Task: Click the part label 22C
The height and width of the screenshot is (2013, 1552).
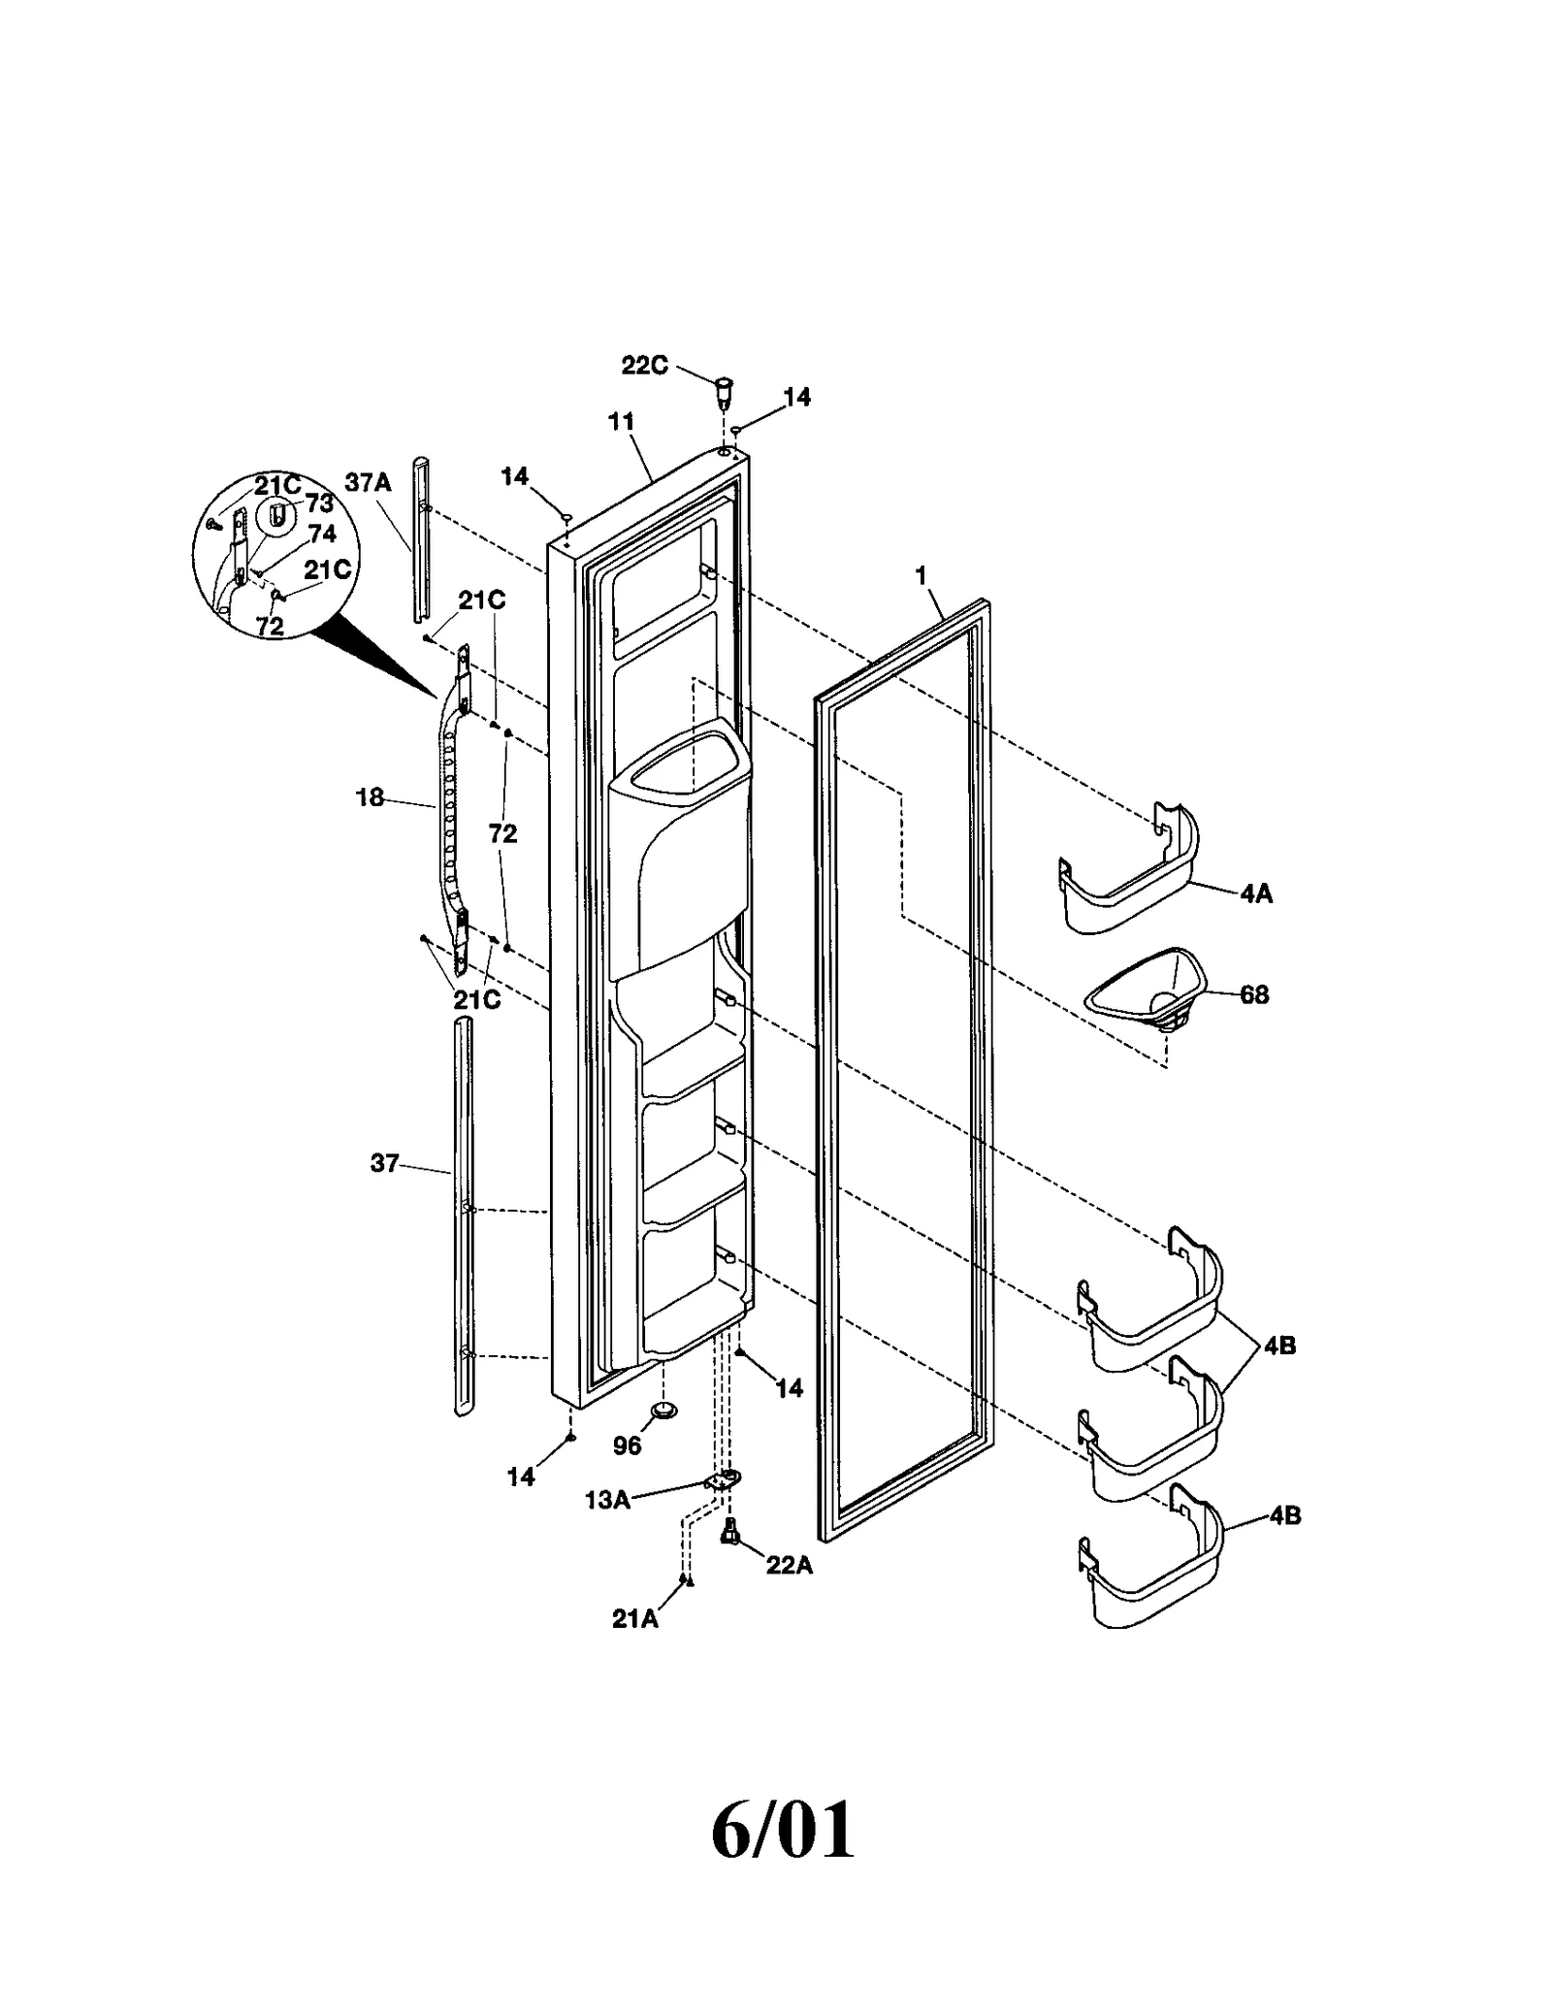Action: [644, 367]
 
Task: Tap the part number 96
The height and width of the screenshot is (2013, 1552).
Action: [627, 1446]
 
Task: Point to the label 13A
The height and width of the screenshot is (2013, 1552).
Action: [607, 1500]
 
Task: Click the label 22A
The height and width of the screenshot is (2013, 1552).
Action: [789, 1565]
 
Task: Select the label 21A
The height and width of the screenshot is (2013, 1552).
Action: [635, 1619]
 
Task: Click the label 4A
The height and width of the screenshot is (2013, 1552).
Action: [1255, 893]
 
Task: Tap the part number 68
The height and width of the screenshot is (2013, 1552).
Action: [1254, 995]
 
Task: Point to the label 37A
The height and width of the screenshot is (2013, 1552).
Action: [368, 482]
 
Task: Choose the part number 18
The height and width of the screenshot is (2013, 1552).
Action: [370, 798]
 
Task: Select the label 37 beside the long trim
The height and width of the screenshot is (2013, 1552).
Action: [384, 1162]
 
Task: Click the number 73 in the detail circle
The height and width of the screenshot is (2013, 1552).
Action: [319, 503]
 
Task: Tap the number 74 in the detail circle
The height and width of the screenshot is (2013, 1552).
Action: [323, 535]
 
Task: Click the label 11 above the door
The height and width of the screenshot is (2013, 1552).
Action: [621, 421]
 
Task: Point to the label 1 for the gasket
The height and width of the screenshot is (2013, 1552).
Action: [921, 576]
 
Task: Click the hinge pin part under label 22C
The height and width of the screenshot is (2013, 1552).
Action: [722, 393]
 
